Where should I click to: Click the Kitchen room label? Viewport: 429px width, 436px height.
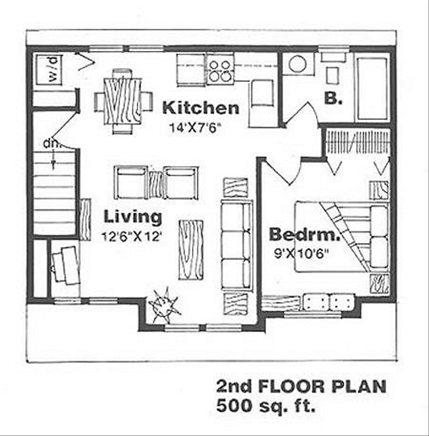point(201,108)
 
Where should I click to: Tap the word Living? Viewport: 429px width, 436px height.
point(132,217)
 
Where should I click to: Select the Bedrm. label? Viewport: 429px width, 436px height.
point(304,234)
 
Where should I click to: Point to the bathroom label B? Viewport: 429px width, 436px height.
point(333,99)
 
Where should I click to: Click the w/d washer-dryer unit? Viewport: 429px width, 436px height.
point(49,69)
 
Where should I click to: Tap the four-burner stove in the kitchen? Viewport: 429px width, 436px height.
point(220,69)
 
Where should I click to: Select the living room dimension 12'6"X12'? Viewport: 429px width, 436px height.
point(132,236)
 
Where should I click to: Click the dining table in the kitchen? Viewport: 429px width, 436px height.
point(122,101)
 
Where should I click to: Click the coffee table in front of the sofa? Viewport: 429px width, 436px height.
point(191,249)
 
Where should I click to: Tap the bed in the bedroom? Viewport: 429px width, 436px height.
point(341,237)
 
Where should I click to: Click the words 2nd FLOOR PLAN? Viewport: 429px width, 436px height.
point(301,386)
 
